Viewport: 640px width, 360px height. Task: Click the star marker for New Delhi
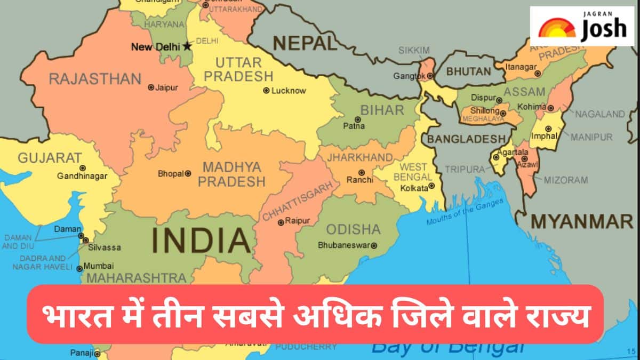pos(187,46)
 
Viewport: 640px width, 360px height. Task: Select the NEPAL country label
pos(305,43)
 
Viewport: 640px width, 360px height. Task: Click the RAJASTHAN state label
pos(95,79)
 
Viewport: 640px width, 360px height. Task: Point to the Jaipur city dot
pos(151,87)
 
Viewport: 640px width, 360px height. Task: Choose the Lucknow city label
pos(289,91)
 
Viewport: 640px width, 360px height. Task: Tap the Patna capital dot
pos(357,119)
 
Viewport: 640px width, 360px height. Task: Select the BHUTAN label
pos(468,71)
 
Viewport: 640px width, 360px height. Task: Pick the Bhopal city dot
pos(187,173)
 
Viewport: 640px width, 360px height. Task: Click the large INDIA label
pos(201,240)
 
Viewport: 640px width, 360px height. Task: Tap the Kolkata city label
pos(414,188)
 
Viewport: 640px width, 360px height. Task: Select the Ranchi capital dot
pos(361,172)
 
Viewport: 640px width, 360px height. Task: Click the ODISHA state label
pos(353,229)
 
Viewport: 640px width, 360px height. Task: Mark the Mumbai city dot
pos(80,268)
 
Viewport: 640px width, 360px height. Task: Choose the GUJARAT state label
pos(50,158)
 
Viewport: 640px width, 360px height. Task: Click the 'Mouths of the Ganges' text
pos(465,212)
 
